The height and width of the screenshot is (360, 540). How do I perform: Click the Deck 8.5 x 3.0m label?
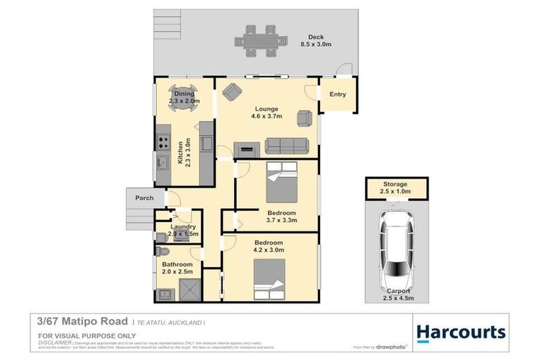(x=319, y=41)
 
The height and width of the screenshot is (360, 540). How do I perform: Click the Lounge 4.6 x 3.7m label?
(x=267, y=112)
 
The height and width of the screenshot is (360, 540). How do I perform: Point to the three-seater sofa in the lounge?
(x=285, y=146)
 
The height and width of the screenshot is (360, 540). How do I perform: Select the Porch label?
(x=144, y=198)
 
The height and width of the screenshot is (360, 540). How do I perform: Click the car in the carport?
(x=395, y=243)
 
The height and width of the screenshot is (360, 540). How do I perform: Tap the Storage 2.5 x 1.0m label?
(x=394, y=188)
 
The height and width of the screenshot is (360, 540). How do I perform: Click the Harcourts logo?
(x=461, y=332)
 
